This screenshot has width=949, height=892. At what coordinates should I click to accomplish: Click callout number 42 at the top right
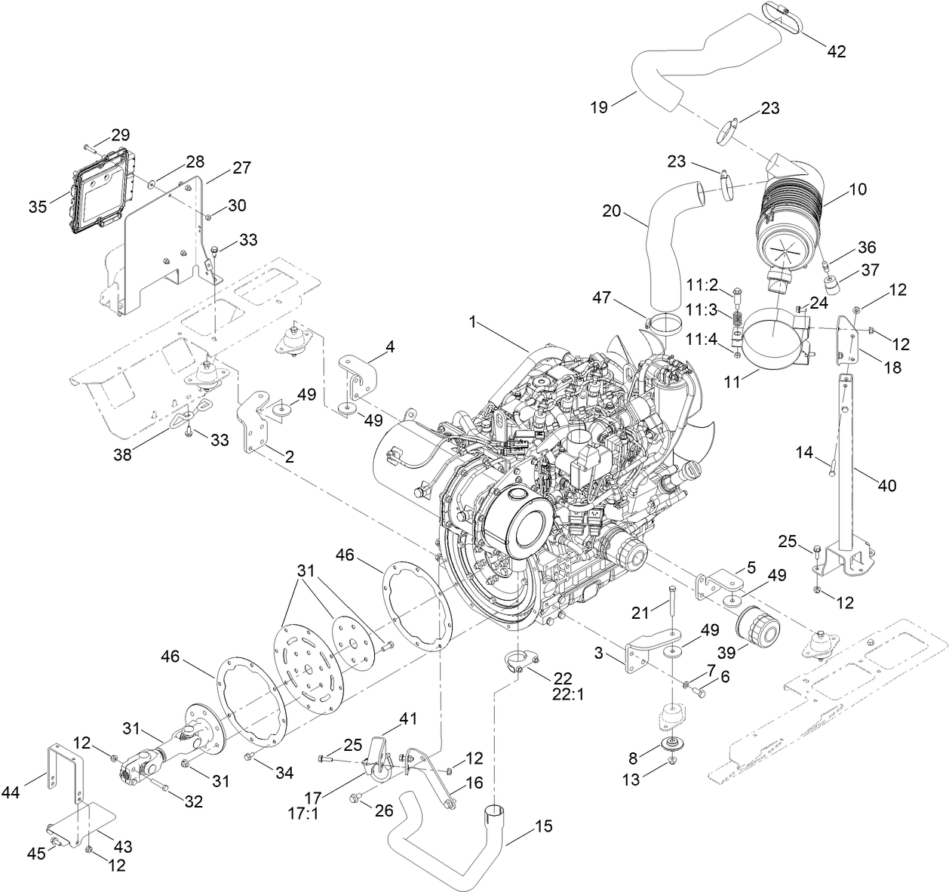[x=836, y=51]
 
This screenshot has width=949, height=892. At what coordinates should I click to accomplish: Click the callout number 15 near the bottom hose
[x=543, y=826]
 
